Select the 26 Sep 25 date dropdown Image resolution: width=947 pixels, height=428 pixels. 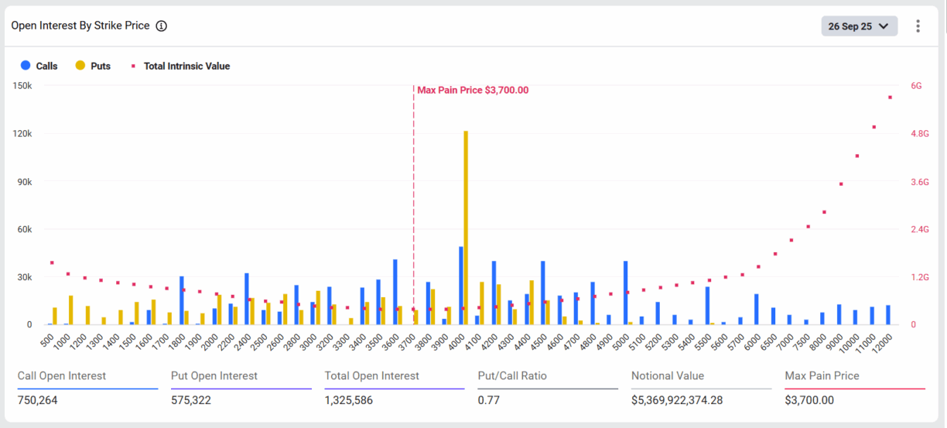point(859,26)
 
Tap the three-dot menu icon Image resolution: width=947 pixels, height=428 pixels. point(918,26)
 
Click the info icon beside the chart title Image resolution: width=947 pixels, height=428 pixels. point(161,26)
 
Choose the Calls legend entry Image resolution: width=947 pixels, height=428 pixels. point(39,66)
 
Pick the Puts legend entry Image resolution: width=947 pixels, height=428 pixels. point(93,66)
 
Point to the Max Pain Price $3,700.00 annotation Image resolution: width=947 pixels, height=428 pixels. point(473,90)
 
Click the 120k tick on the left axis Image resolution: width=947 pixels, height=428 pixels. point(22,134)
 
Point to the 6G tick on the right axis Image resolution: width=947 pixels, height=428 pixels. point(916,86)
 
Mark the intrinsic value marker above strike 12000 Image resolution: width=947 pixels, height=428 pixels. point(890,98)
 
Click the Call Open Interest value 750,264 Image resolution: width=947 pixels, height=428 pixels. point(37,400)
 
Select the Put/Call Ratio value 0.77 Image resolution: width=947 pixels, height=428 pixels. point(488,400)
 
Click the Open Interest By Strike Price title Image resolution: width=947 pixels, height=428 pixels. point(80,26)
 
